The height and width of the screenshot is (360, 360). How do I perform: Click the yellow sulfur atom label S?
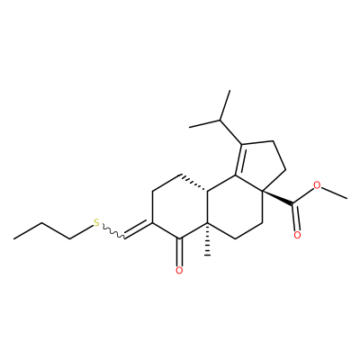(96, 223)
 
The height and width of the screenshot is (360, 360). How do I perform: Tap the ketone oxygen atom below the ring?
(179, 270)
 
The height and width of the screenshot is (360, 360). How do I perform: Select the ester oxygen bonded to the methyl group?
(317, 185)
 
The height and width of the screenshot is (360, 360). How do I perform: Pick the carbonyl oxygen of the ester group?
(297, 235)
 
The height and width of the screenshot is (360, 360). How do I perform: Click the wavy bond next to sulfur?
(113, 231)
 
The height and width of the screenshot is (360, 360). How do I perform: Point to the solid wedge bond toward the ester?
(277, 198)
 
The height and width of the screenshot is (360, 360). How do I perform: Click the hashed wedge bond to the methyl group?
(207, 239)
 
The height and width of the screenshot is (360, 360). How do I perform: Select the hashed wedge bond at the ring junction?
(193, 182)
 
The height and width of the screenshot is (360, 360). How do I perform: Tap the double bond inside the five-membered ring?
(238, 159)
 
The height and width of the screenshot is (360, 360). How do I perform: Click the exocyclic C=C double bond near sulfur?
(138, 230)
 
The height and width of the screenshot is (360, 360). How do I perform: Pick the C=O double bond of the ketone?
(179, 252)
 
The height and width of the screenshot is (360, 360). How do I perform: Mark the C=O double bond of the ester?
(296, 218)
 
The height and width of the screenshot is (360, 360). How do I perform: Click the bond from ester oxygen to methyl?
(334, 193)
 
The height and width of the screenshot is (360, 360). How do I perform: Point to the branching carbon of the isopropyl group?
(220, 121)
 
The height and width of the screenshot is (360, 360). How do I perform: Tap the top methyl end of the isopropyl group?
(229, 91)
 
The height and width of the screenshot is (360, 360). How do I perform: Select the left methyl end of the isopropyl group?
(190, 127)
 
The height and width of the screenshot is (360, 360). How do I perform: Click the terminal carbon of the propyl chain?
(13, 238)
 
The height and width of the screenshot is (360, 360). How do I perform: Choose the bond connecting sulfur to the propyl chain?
(81, 232)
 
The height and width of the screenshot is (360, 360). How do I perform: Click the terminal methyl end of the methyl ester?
(347, 198)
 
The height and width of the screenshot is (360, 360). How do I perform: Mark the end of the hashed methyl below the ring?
(207, 256)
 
